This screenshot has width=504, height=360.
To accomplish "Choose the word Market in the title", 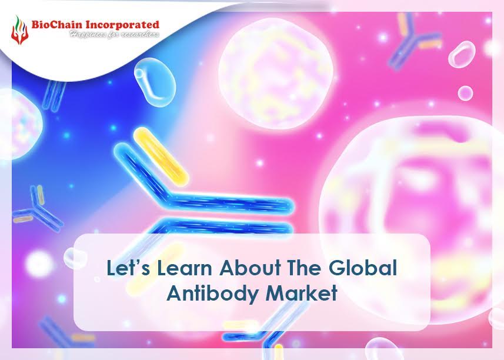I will pyautogui.click(x=299, y=294).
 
